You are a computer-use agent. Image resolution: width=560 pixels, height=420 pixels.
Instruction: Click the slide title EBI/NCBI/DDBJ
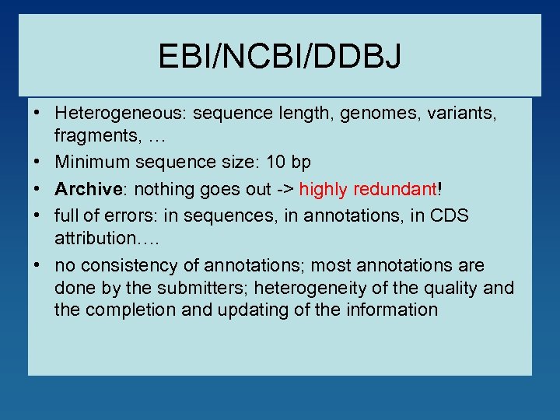(279, 56)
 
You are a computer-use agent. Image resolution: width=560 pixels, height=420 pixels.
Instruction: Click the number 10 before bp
(275, 163)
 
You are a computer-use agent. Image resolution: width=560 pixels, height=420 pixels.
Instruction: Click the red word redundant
(397, 189)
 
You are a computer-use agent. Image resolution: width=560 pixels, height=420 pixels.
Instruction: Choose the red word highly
(325, 189)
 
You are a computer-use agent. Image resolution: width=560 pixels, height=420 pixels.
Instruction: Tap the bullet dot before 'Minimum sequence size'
(37, 163)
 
